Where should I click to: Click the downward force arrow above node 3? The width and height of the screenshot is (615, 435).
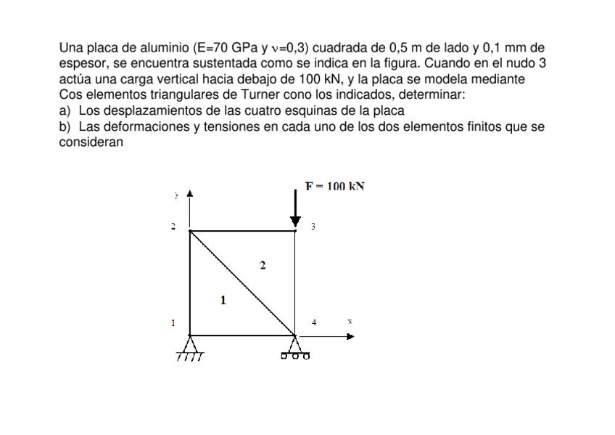point(295,208)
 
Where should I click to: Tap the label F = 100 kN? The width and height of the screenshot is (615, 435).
point(334,186)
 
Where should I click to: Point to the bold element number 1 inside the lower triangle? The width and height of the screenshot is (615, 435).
point(223,298)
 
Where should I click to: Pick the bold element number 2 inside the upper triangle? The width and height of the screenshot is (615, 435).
point(263,265)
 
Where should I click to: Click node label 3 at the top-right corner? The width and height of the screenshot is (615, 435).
point(313,227)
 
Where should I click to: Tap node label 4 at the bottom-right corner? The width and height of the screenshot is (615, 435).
point(314,322)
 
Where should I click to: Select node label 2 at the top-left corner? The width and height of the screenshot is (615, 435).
point(173,227)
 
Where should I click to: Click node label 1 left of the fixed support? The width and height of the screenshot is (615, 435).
point(173,322)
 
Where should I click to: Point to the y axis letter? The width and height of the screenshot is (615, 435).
point(176,195)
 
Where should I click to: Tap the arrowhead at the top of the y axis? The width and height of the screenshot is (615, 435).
point(189,194)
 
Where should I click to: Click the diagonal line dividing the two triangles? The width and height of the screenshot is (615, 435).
point(242,284)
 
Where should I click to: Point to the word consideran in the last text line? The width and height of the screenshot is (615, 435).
point(91,142)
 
